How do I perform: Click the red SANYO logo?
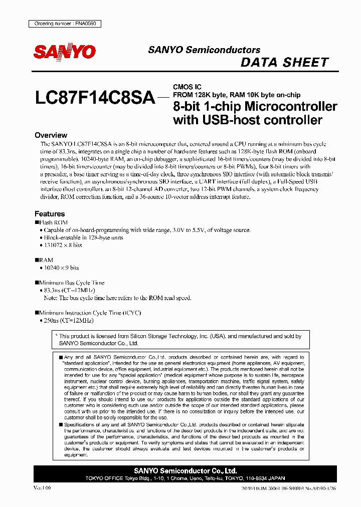coord(65,52)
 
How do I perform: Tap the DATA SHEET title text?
coord(284,63)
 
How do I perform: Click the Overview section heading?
coord(51,135)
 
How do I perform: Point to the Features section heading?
coord(50,213)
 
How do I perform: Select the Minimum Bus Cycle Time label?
coord(72,283)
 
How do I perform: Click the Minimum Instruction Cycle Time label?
coord(90,313)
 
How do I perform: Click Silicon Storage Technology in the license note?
coord(160,337)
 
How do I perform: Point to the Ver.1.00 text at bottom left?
coord(42,487)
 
